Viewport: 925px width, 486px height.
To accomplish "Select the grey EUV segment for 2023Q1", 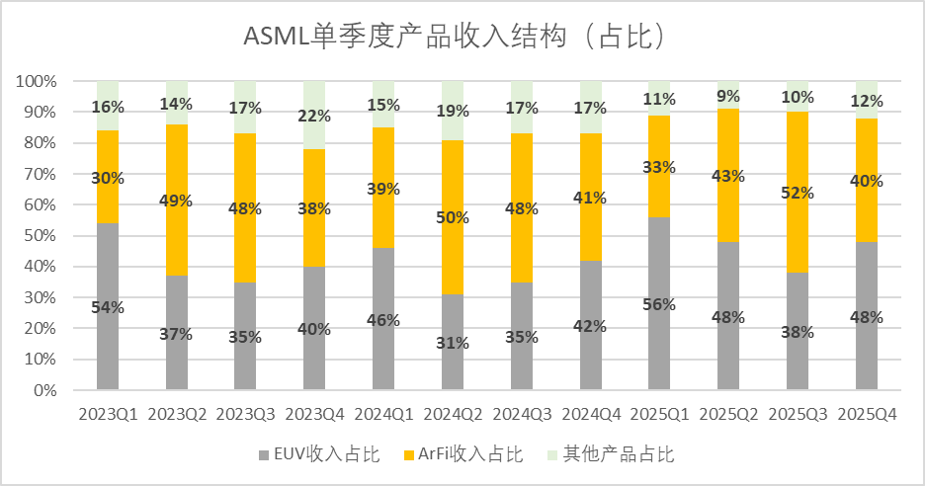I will tap(108, 336).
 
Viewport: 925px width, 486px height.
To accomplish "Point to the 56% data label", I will tap(659, 304).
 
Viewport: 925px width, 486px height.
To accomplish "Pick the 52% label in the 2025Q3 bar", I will tap(798, 193).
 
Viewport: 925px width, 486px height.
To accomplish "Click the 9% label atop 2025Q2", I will tap(728, 96).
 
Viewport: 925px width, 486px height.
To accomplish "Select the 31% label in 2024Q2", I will tap(453, 342).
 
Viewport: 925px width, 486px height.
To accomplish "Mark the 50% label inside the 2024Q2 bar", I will tap(453, 217).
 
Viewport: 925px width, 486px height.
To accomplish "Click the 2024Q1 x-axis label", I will tap(383, 415).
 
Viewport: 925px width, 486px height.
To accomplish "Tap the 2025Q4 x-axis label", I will tap(866, 415).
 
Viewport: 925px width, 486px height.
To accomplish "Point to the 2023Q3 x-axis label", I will tap(246, 415).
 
